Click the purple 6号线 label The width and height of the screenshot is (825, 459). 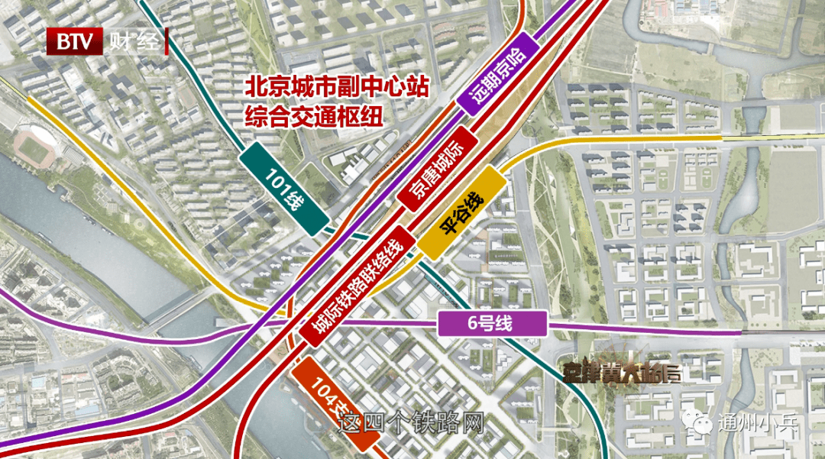click(493, 324)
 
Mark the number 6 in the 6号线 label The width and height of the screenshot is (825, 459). click(474, 324)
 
